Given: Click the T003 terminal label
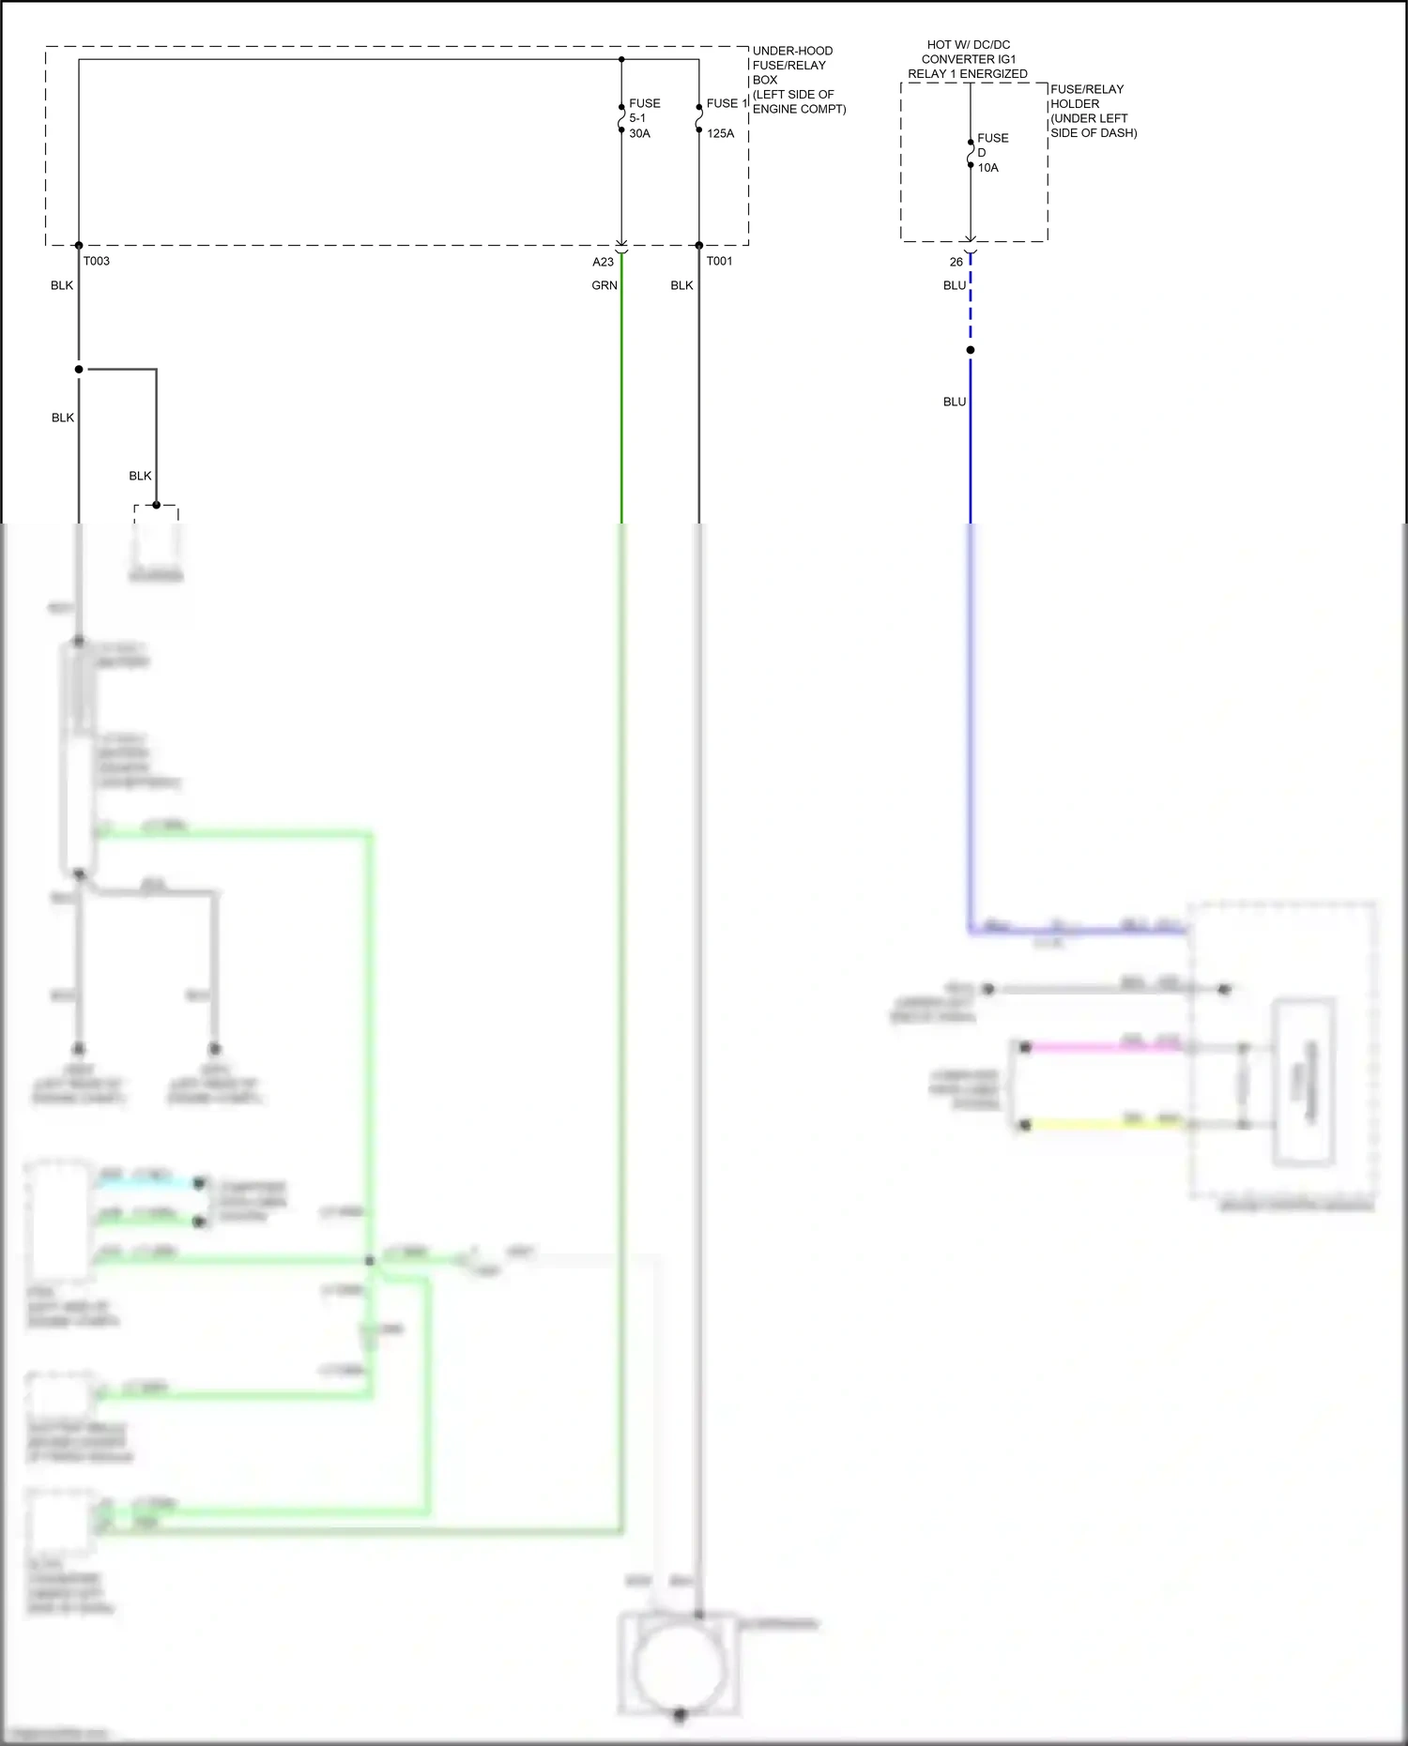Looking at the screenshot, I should (x=96, y=261).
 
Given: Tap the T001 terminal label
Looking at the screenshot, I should (x=719, y=261).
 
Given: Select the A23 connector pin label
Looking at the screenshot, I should (x=603, y=262).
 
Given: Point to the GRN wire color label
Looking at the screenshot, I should (x=605, y=285).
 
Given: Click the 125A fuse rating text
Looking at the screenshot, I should (x=721, y=133).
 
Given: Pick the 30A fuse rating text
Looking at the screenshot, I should (x=639, y=133).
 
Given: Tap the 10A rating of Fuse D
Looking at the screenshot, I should (x=988, y=168).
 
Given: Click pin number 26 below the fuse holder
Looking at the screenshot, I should (x=956, y=262).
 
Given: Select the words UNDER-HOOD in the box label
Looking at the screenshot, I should (x=792, y=51).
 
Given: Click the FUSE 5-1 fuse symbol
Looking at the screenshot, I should (x=621, y=118).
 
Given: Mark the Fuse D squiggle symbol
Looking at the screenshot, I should (x=971, y=153).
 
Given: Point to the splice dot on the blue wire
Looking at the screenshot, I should (x=971, y=350).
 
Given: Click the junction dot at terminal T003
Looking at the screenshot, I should (x=79, y=246).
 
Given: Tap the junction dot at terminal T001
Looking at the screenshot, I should (x=699, y=246).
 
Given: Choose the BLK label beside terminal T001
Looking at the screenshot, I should (x=681, y=285).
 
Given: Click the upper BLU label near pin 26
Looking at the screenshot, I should (x=955, y=285).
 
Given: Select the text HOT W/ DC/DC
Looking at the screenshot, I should (x=969, y=44).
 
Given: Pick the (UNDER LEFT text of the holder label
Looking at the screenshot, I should (x=1089, y=118).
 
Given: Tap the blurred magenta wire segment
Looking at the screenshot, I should (x=1103, y=1047).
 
